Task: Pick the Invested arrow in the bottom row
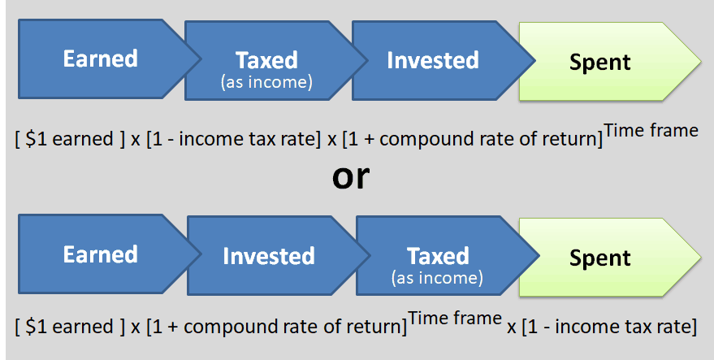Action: pos(269,257)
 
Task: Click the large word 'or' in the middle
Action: pos(351,177)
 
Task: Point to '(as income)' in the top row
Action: pos(266,81)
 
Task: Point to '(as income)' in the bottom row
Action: pos(437,278)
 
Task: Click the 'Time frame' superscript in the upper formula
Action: pos(651,130)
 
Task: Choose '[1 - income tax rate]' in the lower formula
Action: pos(609,327)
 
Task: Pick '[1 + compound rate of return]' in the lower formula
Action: pos(276,327)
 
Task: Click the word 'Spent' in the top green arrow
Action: pos(600,63)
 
